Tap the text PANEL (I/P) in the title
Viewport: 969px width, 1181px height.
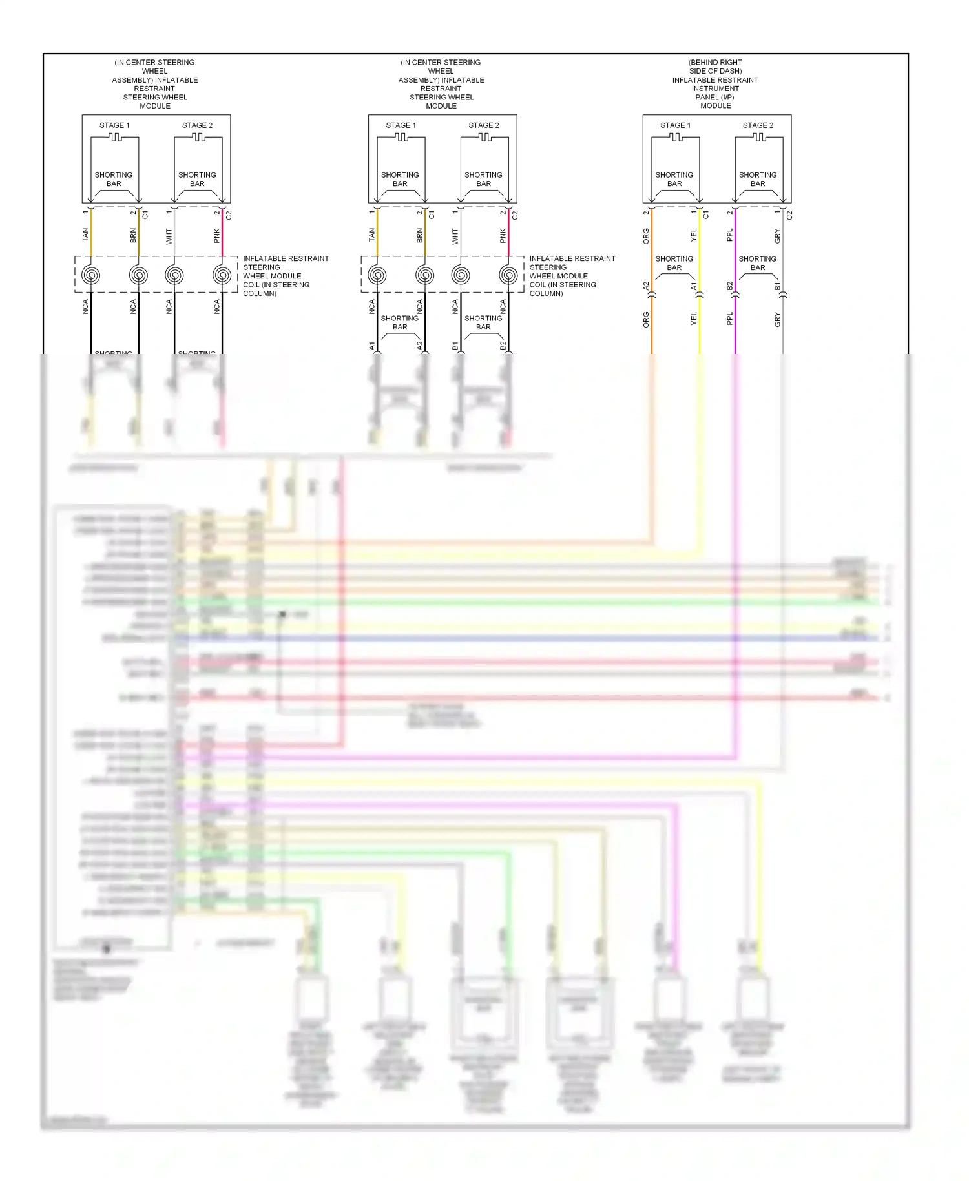point(715,97)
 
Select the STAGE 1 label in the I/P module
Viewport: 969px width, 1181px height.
point(675,125)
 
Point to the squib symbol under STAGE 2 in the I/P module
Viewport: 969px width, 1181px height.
point(759,137)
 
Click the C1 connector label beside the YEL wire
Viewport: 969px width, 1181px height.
point(705,214)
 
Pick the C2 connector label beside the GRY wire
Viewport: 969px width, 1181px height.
point(789,214)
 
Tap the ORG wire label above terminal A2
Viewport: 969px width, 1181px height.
point(646,236)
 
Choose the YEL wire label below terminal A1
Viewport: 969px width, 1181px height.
point(694,319)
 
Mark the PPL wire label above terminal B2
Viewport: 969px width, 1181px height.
point(729,235)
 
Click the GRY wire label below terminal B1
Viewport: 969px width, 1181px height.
point(777,319)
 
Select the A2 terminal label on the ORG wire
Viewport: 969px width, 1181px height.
point(646,286)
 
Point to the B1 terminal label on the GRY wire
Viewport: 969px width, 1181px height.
point(777,286)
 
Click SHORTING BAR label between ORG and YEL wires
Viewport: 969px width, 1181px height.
point(674,263)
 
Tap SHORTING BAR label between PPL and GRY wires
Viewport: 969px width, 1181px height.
point(757,263)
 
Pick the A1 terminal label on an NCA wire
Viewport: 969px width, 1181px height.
point(372,346)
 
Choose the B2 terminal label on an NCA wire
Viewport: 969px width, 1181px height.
point(503,346)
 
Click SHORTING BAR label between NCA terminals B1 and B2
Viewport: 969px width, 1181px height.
point(483,322)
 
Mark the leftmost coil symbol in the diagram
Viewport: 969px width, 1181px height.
point(91,275)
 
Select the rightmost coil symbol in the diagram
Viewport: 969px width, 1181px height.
point(508,275)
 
